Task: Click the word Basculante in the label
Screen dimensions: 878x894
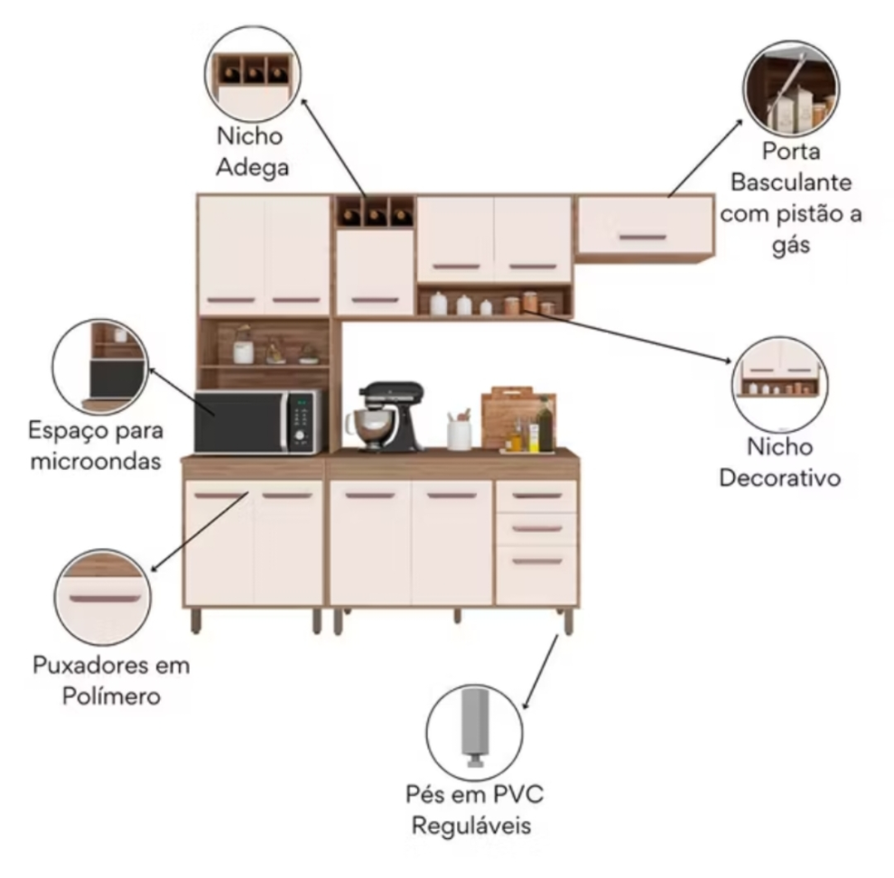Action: pos(791,182)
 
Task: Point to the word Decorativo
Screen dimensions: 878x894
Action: pos(779,476)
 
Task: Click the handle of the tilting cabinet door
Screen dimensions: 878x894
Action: pos(643,238)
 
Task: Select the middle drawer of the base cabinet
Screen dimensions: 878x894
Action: pos(536,528)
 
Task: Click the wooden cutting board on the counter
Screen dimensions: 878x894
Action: pos(508,415)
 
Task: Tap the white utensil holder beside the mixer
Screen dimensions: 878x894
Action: pos(459,434)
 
